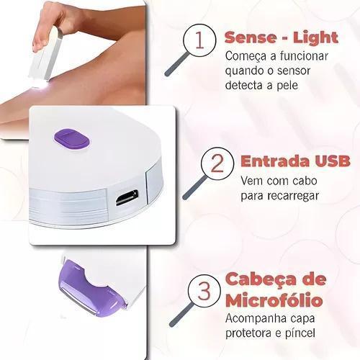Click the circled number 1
point(199,40)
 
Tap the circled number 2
point(217,163)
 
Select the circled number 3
point(204,291)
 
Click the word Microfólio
point(274,300)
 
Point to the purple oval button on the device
point(72,140)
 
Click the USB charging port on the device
point(127,198)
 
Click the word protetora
point(251,333)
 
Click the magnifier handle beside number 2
point(194,188)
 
